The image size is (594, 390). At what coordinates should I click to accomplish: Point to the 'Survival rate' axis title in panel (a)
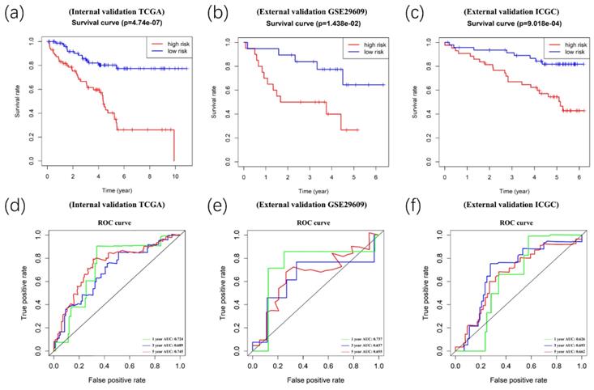tap(18, 101)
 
